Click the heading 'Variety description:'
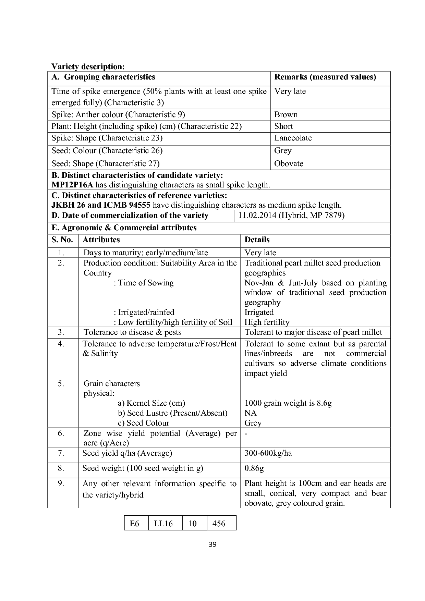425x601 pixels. (x=88, y=66)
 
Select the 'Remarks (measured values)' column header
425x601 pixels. (x=325, y=77)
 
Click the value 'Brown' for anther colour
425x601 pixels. (x=286, y=115)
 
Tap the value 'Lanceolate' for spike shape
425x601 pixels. (x=293, y=138)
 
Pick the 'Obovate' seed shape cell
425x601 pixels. (x=289, y=164)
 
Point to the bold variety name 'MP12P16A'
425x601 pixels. (x=72, y=185)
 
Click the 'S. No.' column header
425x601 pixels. (x=62, y=240)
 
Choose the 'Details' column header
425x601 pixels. (x=257, y=240)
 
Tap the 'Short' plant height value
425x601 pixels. (x=283, y=126)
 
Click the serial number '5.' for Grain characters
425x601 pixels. (x=61, y=384)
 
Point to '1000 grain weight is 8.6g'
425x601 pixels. (x=288, y=403)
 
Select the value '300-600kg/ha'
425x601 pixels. (x=268, y=453)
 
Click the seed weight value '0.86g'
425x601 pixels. (x=254, y=468)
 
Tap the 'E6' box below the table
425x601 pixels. (x=135, y=524)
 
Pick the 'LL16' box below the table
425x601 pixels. (x=163, y=524)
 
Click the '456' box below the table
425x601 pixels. (x=219, y=524)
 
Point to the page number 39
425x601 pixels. (x=212, y=544)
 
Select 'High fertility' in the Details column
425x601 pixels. (x=267, y=322)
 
